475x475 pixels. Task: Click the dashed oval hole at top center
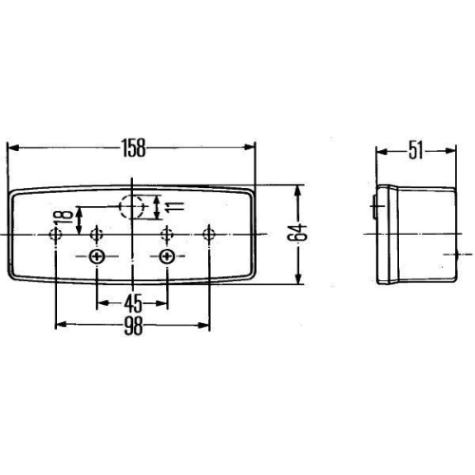[133, 205]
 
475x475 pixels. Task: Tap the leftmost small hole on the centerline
[58, 234]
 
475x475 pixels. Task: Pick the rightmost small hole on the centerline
[208, 234]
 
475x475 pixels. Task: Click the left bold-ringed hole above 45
[96, 257]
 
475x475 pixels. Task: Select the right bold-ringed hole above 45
[168, 257]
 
